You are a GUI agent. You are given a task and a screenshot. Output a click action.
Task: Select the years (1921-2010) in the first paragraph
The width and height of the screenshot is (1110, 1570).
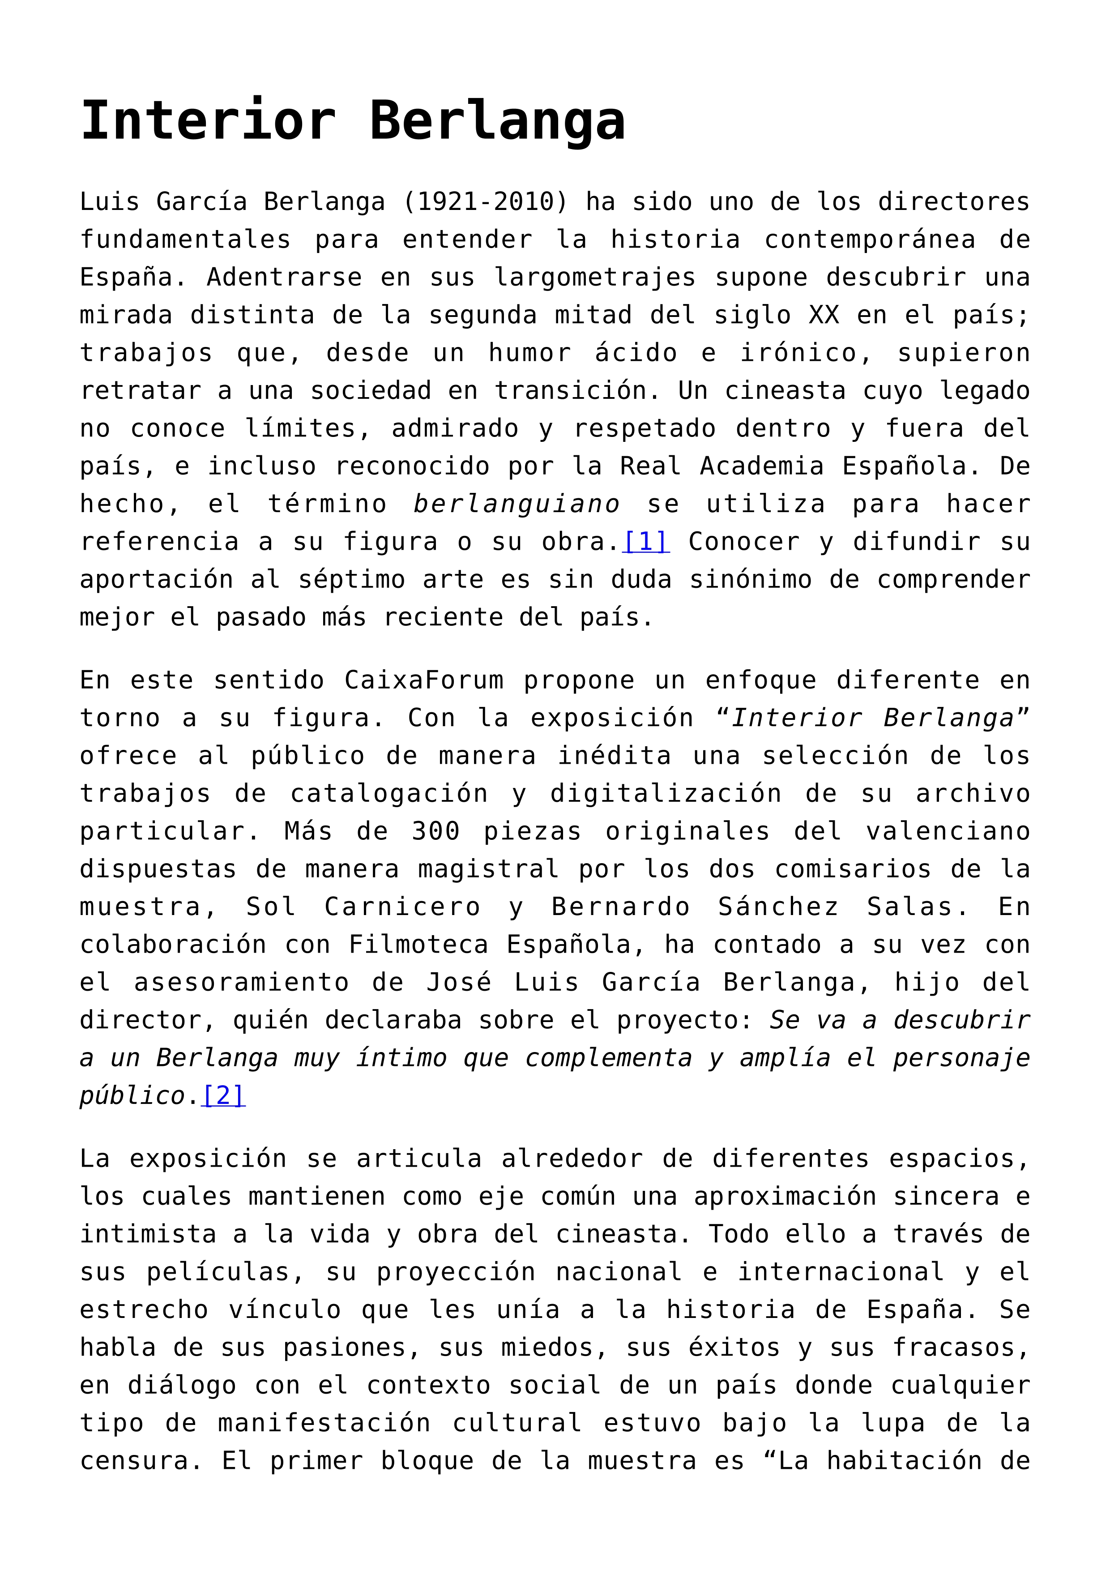click(485, 202)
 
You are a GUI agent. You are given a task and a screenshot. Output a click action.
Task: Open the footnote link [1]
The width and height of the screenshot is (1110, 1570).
click(646, 542)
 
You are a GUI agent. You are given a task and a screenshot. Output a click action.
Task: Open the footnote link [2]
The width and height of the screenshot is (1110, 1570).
click(223, 1095)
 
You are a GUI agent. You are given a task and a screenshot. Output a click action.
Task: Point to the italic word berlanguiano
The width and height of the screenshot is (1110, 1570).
click(517, 504)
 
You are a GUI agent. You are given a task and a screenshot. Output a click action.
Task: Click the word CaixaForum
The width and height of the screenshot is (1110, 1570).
click(424, 680)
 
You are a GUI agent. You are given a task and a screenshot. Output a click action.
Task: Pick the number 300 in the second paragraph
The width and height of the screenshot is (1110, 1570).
click(435, 831)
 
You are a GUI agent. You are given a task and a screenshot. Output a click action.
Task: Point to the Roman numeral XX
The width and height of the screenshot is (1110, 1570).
click(824, 315)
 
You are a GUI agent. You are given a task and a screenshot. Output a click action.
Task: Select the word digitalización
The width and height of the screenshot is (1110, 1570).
click(665, 793)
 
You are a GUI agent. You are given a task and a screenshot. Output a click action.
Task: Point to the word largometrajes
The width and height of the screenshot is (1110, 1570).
click(595, 278)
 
